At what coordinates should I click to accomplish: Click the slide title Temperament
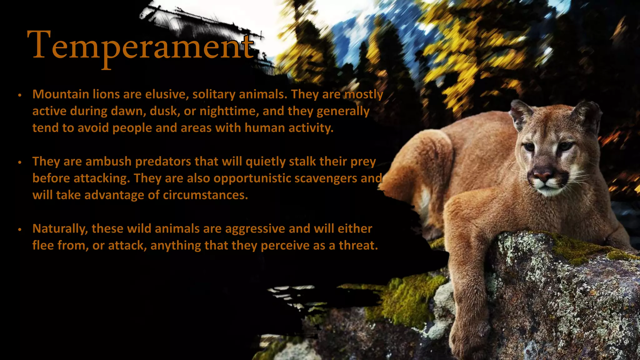pos(141,45)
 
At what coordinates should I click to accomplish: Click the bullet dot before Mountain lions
pos(20,95)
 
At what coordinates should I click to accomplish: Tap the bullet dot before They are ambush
pos(20,162)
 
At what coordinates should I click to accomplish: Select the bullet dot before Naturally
pos(20,229)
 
